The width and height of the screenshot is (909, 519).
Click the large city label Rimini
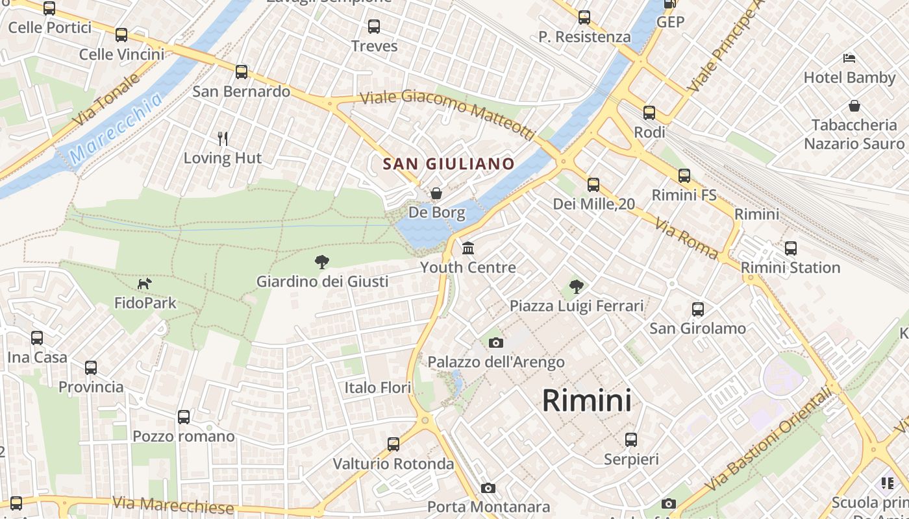586,400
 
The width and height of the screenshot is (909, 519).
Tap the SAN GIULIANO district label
448,164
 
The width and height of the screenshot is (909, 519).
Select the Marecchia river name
117,128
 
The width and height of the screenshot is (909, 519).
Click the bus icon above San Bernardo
242,72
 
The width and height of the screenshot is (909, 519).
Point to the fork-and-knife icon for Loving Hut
223,138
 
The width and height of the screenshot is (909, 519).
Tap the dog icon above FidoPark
145,284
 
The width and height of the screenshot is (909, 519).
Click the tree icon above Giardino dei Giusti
321,262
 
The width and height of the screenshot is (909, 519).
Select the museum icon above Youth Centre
468,248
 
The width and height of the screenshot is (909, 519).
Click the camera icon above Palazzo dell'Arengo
496,343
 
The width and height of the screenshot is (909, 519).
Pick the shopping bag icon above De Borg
437,193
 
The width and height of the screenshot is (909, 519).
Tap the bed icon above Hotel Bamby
849,58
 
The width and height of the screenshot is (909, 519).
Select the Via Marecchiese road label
173,505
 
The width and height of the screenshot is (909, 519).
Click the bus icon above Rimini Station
790,248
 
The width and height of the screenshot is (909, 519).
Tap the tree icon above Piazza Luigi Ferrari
576,286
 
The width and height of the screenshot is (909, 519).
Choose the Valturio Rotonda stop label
393,464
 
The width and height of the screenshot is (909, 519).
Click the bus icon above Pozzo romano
184,416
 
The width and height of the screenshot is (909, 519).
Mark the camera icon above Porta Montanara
488,488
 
